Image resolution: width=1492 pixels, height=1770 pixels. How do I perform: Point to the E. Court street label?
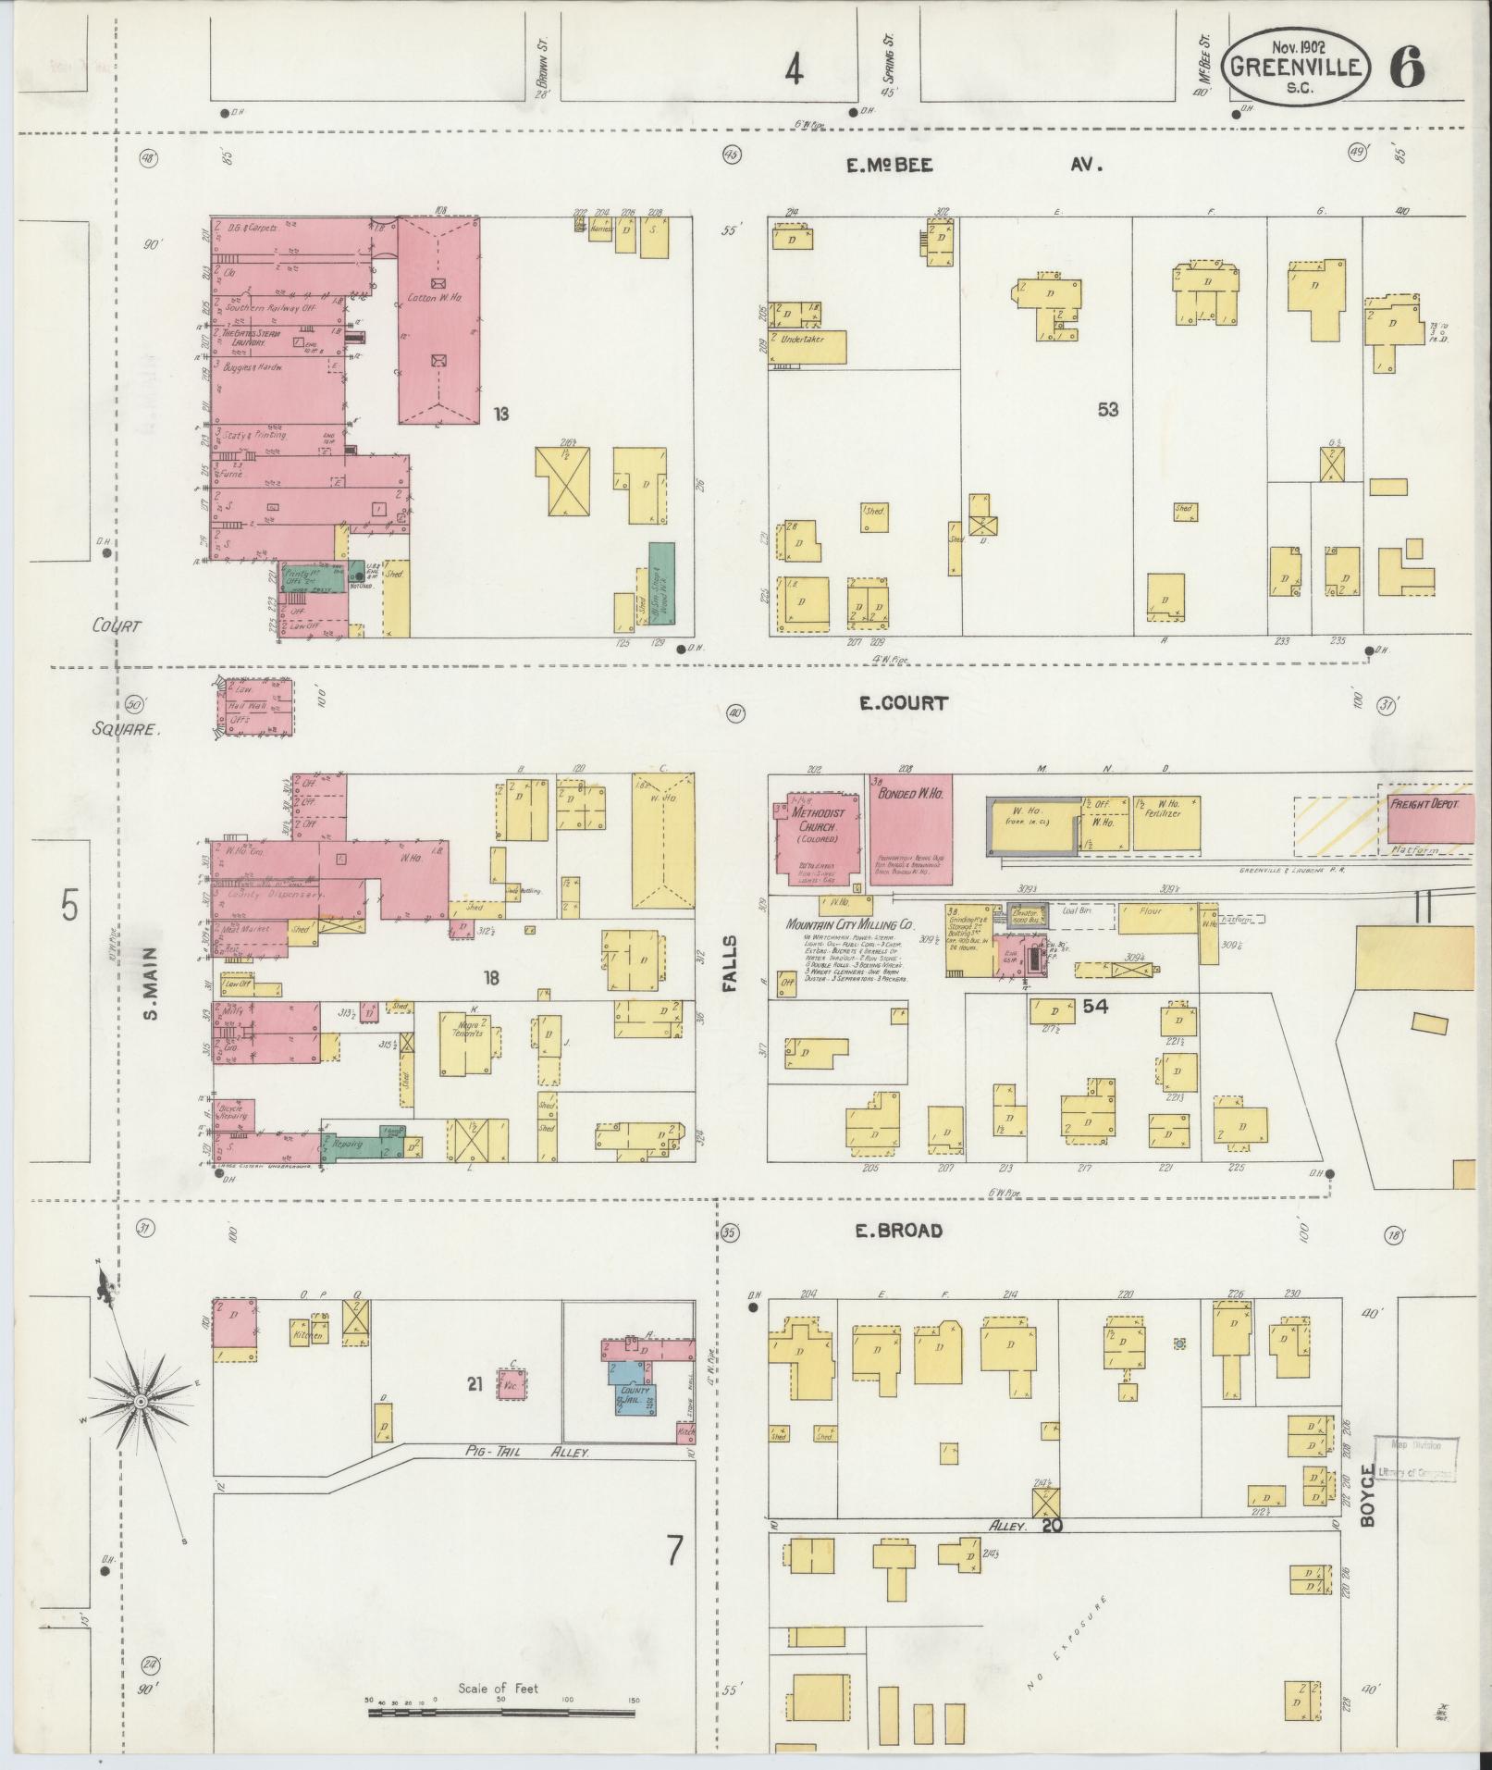tap(903, 703)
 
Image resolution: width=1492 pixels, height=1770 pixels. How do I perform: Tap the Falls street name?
tap(730, 964)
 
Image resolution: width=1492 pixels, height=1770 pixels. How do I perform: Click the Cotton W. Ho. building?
tap(438, 320)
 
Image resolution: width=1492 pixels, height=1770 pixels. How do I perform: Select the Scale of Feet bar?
tap(503, 1713)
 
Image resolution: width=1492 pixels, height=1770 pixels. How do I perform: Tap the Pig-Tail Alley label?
tap(530, 1454)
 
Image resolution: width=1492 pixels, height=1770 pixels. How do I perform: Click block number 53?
tap(1107, 409)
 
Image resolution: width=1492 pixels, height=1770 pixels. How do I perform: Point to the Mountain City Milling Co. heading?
tap(849, 924)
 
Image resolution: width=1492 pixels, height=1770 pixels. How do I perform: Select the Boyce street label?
tap(1369, 1508)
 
